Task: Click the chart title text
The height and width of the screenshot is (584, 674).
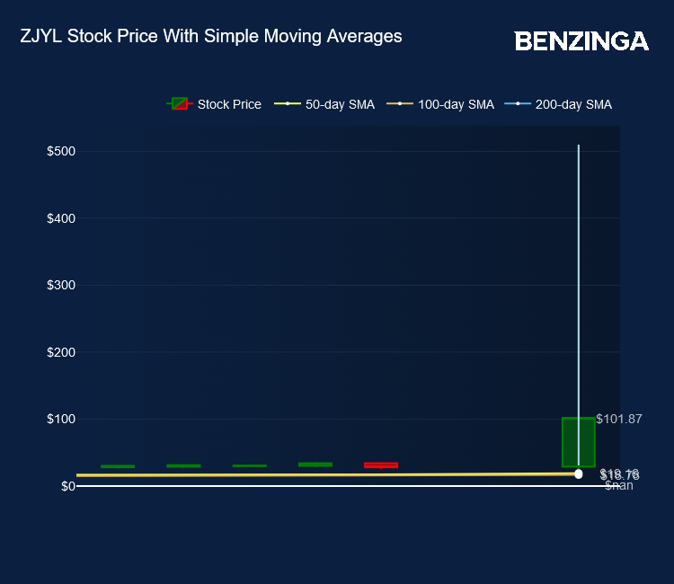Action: [210, 37]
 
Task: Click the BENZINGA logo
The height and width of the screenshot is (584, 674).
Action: [581, 41]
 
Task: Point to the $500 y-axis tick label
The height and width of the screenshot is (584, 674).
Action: [60, 151]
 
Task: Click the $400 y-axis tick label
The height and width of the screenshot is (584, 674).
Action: [60, 218]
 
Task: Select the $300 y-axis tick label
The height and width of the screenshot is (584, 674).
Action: [60, 285]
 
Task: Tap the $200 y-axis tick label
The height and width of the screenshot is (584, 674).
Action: [60, 352]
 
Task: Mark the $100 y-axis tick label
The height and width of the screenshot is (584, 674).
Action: [60, 419]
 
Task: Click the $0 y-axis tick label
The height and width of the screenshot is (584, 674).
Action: [67, 486]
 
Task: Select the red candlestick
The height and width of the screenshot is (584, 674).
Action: [381, 465]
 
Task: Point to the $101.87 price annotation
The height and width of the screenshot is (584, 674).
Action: [619, 419]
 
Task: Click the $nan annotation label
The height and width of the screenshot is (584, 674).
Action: [618, 486]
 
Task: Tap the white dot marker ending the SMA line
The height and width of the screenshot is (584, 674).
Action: [578, 473]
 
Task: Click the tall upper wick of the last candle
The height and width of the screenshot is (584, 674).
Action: [578, 270]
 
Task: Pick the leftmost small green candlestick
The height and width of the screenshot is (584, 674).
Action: [118, 466]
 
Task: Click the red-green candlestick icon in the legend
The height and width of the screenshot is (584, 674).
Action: [180, 104]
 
